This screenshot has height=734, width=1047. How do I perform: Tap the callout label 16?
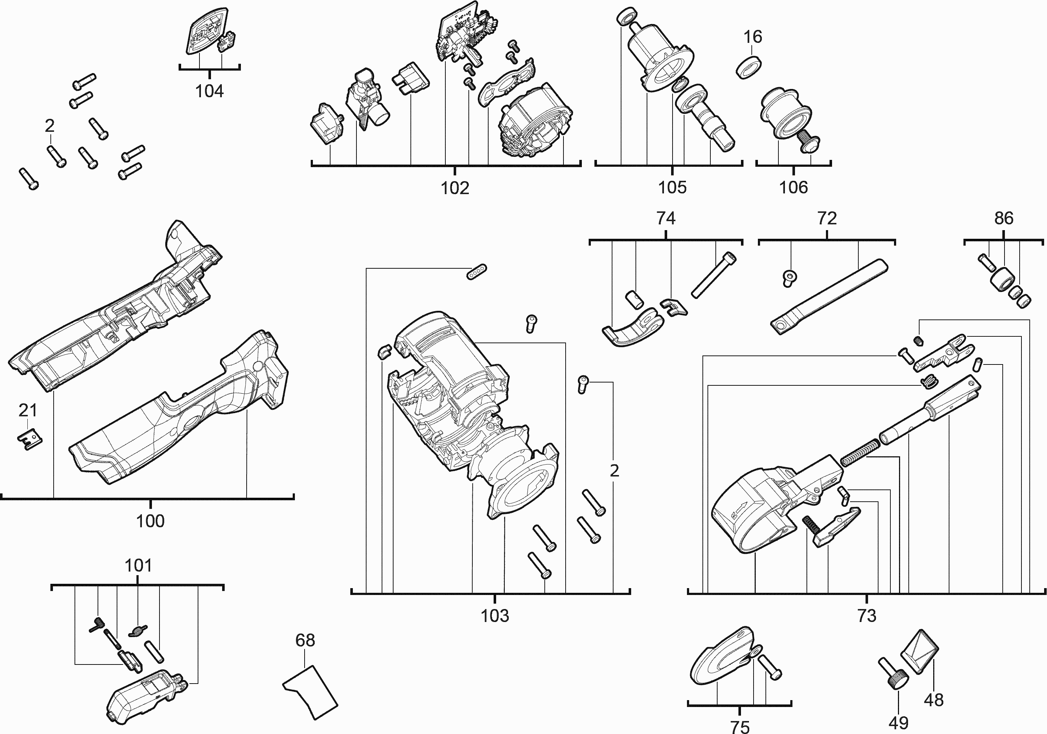752,36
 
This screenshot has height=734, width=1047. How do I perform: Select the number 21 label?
28,411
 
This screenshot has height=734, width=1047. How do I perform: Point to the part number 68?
305,640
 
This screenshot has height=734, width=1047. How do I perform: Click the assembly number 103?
495,616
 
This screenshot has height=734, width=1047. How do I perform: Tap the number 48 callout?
934,700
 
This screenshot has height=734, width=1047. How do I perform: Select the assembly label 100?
150,521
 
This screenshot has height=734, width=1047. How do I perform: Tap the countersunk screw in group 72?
790,277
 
